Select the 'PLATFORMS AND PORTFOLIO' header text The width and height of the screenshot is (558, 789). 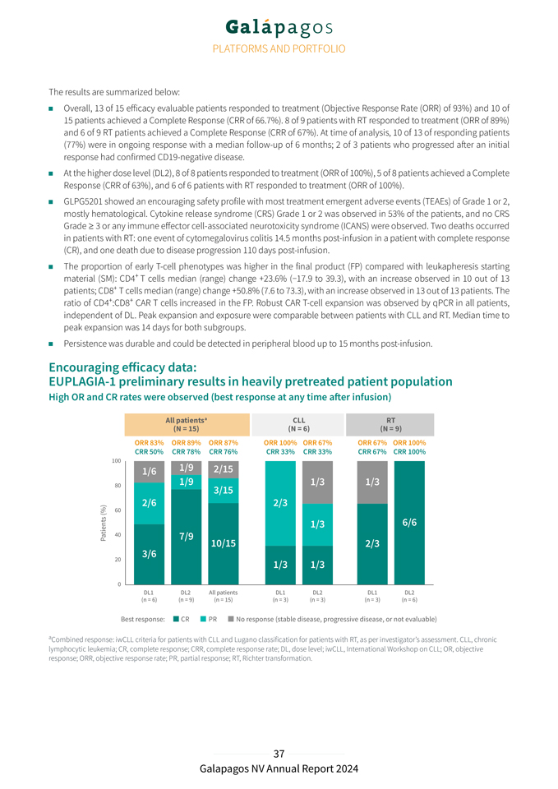[279, 49]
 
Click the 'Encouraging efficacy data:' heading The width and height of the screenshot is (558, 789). [123, 367]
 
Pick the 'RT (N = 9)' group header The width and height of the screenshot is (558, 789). [390, 424]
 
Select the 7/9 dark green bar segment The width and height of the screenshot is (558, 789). [187, 536]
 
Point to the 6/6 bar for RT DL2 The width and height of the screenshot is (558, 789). [408, 522]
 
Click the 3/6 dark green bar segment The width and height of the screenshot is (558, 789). [150, 553]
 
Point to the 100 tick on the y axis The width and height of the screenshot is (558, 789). [118, 461]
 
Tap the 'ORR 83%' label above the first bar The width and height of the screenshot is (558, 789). [149, 443]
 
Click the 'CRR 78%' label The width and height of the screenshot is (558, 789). [186, 451]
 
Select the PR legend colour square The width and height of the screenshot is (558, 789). [203, 618]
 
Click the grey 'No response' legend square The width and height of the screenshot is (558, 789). [231, 618]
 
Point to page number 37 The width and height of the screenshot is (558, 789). [279, 754]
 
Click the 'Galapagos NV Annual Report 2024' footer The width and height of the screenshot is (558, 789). [279, 768]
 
